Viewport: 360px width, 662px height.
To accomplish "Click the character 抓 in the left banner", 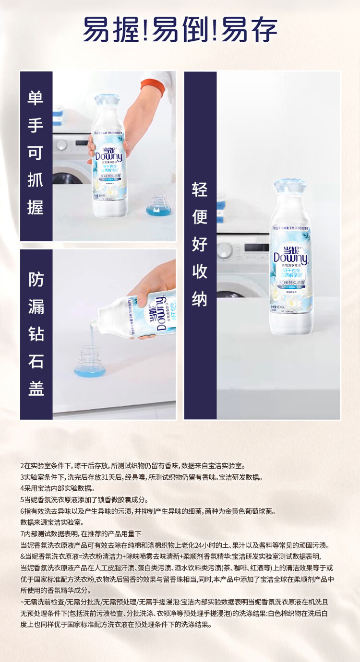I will pos(36,180).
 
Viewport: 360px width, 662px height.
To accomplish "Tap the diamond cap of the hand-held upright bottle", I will pos(107,100).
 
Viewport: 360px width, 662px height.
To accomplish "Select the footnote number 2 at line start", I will pos(22,466).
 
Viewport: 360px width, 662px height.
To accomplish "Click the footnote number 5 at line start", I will pos(22,500).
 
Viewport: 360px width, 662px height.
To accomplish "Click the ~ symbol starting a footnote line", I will pos(22,602).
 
